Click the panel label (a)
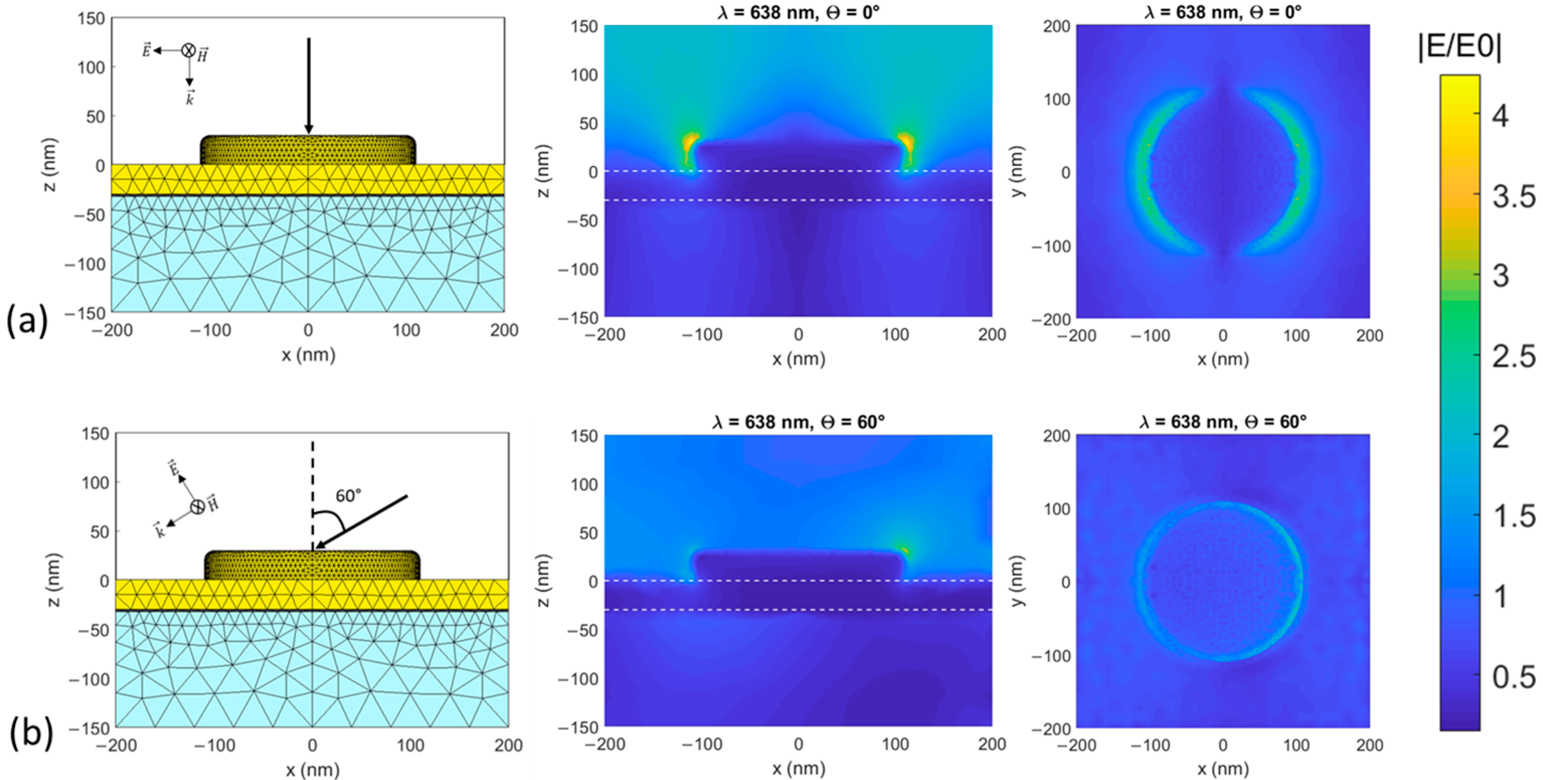point(26,320)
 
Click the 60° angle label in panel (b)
point(348,496)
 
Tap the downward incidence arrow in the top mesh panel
point(309,84)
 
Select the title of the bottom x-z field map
point(798,422)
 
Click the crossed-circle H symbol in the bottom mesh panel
point(198,507)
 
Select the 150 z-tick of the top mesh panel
point(91,19)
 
